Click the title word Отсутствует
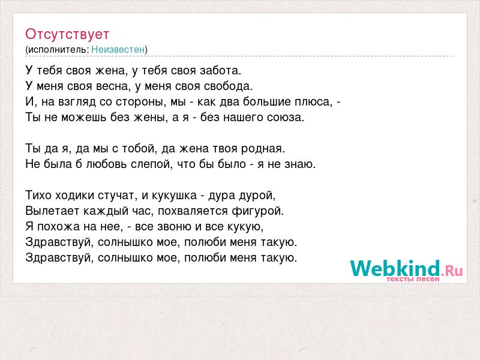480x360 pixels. (x=67, y=34)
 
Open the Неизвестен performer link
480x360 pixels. (x=118, y=49)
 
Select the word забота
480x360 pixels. (x=220, y=71)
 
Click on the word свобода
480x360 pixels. (x=229, y=86)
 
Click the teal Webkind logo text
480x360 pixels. (x=395, y=268)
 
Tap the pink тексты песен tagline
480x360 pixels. (x=413, y=279)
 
